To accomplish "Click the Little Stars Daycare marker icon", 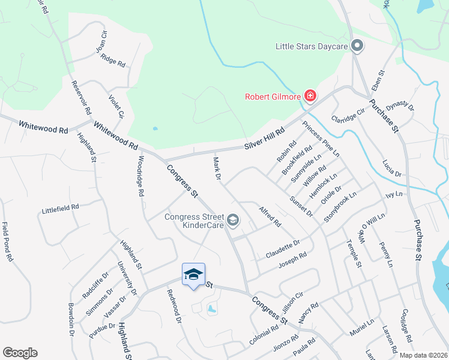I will (357, 46).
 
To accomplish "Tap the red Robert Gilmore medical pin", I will (310, 96).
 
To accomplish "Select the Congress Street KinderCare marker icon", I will (233, 221).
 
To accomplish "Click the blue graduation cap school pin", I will (193, 275).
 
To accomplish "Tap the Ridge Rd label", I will (113, 60).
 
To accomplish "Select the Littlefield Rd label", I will (61, 208).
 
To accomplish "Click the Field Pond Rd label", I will (7, 242).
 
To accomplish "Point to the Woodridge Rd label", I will (140, 176).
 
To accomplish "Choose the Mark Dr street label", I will (217, 169).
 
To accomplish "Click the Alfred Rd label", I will (270, 217).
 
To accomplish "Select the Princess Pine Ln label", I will (321, 139).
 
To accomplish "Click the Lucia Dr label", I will (393, 167).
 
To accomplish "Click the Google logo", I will (20, 353).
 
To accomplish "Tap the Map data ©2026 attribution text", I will (423, 355).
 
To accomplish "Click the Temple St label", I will (354, 253).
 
